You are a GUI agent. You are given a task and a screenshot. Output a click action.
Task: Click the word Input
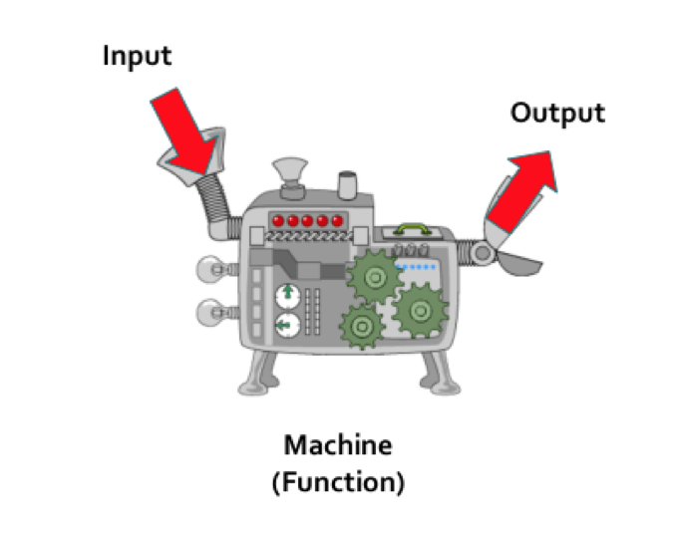coord(137,55)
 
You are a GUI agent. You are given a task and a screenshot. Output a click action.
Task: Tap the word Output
coord(556,113)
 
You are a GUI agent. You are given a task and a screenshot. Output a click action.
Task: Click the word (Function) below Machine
coord(338,483)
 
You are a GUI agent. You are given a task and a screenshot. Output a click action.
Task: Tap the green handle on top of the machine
coord(411,228)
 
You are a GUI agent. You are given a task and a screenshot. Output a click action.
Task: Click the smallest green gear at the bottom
coord(360,325)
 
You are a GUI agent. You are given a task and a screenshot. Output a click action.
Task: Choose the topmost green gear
coord(371,276)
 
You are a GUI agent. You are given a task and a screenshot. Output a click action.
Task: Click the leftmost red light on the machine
coord(280,220)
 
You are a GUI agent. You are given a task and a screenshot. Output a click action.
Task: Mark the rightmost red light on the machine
coord(337,220)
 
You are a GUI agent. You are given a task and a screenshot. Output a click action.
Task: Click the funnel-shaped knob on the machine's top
coord(289,171)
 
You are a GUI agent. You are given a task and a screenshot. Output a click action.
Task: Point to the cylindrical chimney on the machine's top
coord(348,185)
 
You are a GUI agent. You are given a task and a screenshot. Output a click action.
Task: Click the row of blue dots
coord(417,267)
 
